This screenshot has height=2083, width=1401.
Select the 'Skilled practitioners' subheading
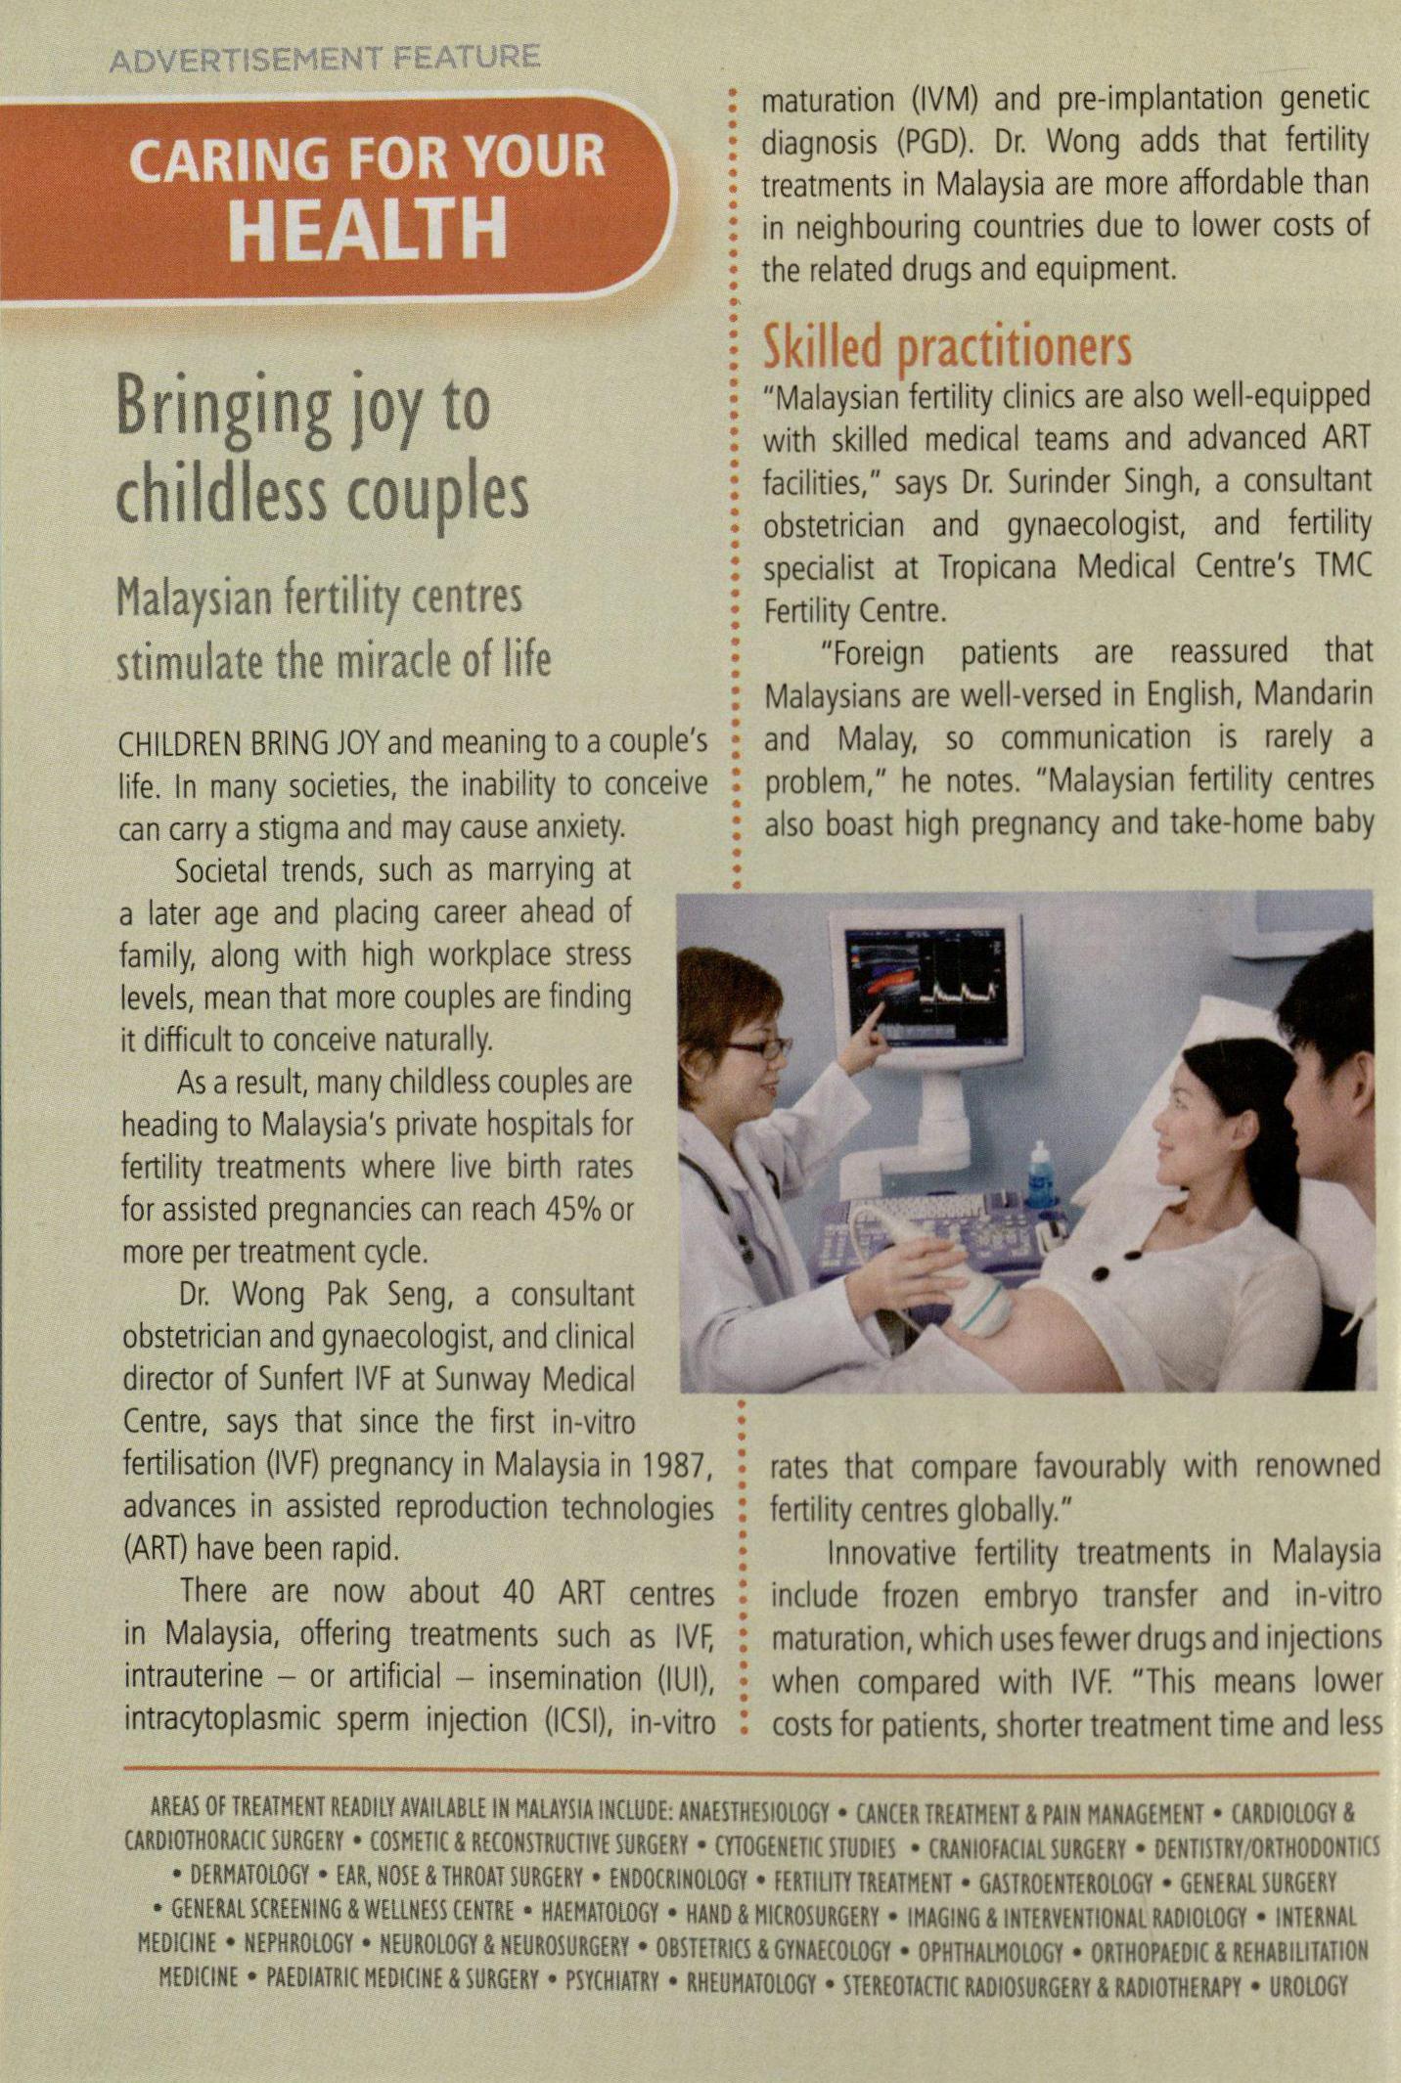click(946, 347)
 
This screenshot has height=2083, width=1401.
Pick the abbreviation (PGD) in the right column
click(932, 143)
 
